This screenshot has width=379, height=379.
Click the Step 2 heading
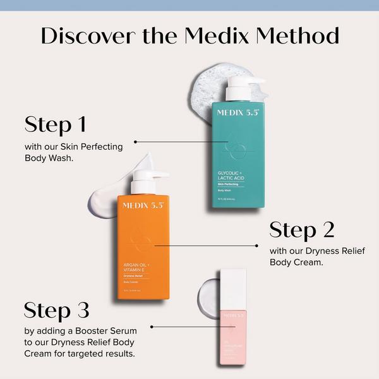(x=302, y=230)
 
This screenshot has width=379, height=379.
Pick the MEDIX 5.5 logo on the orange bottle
(x=143, y=205)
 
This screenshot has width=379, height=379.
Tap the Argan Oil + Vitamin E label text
(x=138, y=267)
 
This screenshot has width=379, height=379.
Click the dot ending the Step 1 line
(x=135, y=142)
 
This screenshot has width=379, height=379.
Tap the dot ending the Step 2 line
(x=258, y=246)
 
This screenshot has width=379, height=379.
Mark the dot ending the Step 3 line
(x=152, y=327)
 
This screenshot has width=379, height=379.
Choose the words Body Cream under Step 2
(x=296, y=262)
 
